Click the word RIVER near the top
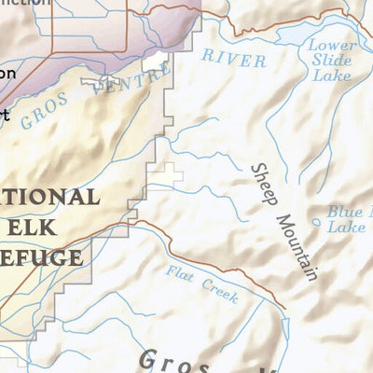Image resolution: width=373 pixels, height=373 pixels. (x=234, y=58)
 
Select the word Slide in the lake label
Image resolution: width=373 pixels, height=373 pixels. (x=332, y=59)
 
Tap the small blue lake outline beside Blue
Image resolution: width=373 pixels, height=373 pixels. (x=317, y=222)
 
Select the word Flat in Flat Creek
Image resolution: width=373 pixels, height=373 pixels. (x=180, y=274)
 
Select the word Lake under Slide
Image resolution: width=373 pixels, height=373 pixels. (x=333, y=74)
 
